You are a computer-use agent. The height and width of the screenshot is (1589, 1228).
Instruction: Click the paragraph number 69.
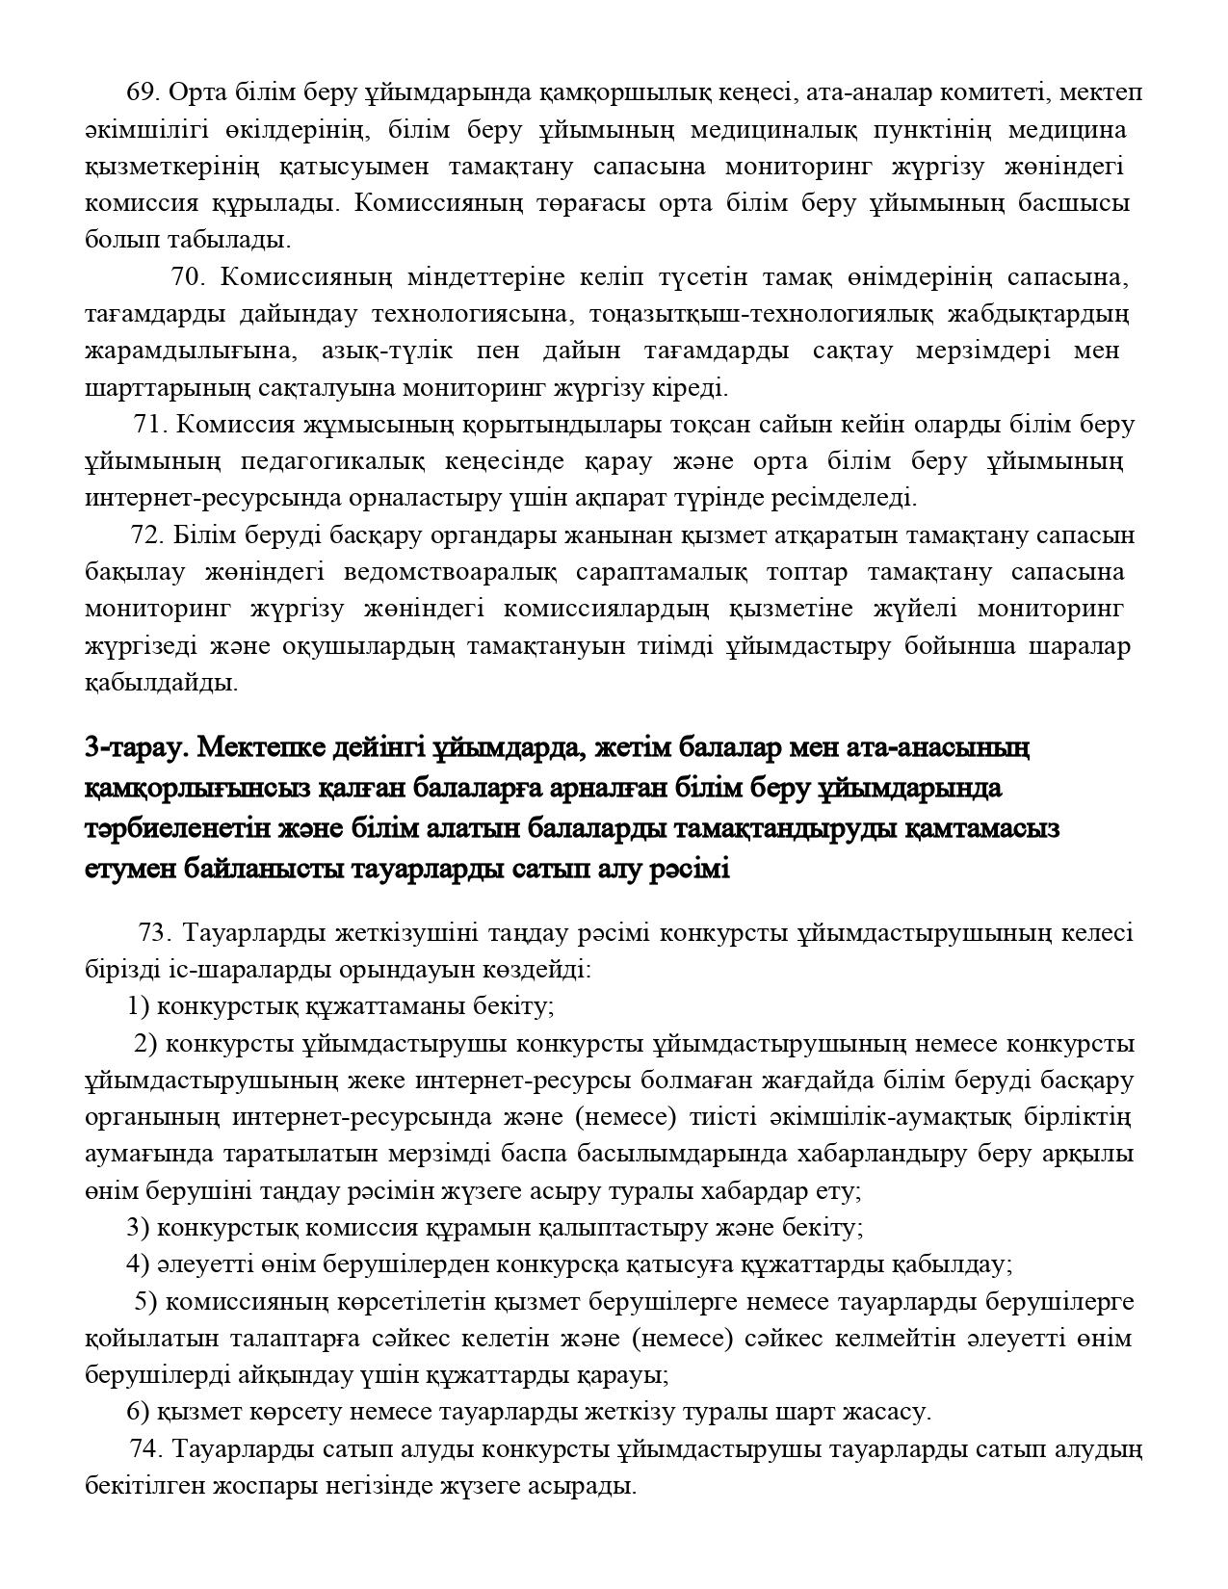[143, 92]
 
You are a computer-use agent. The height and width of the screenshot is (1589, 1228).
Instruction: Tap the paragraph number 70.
[189, 277]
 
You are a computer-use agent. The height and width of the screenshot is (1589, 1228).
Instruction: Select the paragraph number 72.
[147, 535]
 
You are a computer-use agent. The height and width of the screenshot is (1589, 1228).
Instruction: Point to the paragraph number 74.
[146, 1448]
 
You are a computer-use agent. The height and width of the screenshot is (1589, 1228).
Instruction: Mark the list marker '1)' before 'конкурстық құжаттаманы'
[139, 1007]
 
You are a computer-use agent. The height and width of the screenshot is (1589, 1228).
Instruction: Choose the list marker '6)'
[139, 1413]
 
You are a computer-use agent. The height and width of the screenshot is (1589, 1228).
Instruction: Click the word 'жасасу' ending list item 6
[887, 1413]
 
